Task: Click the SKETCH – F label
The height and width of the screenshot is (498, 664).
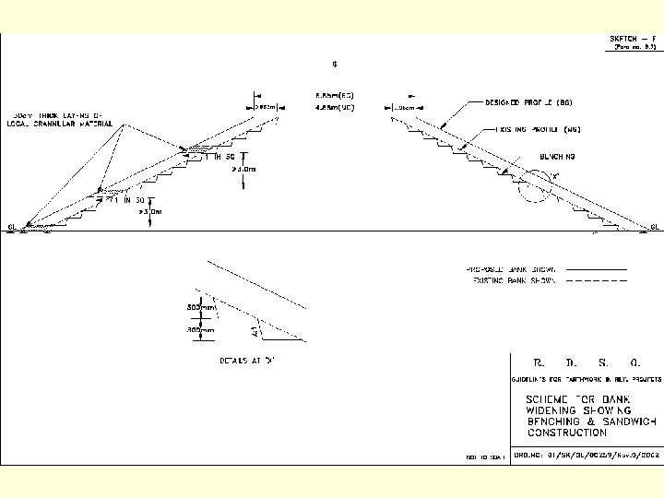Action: pos(633,38)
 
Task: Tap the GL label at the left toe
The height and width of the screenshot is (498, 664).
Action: pos(12,226)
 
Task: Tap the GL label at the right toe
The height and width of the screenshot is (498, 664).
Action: pos(655,227)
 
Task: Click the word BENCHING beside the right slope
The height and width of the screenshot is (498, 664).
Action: pos(559,158)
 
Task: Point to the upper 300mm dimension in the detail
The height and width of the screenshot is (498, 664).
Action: pos(201,307)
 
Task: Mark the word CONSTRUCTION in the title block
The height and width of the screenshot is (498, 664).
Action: pos(567,432)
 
